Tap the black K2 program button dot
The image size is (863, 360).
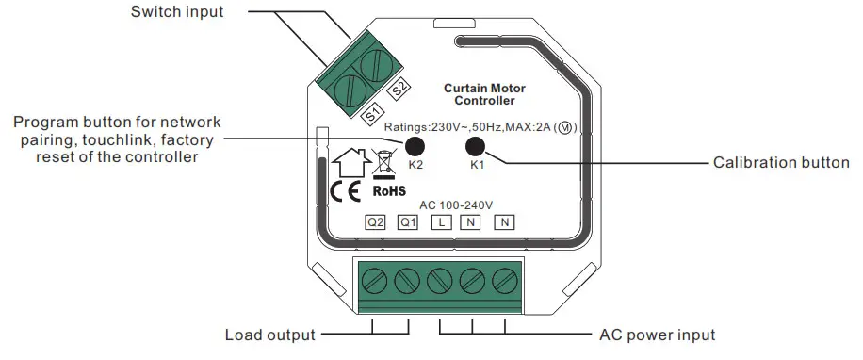[x=414, y=146]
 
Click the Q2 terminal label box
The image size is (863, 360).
[x=376, y=223]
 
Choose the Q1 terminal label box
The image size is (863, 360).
[x=408, y=223]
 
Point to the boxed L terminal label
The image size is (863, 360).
[x=440, y=223]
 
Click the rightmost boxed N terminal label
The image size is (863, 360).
[x=505, y=223]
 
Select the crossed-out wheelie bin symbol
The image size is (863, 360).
[x=383, y=162]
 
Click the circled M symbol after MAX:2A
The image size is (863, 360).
[x=565, y=127]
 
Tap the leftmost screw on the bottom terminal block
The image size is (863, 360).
[x=374, y=280]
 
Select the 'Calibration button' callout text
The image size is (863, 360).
[x=781, y=162]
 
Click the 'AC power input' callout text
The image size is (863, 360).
[x=657, y=335]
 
